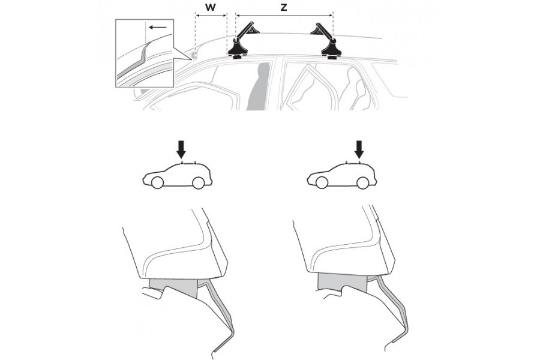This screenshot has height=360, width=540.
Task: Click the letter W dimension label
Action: pos(210,8)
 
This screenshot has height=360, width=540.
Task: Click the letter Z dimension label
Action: pos(283,8)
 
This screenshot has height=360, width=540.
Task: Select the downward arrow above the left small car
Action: pos(181,149)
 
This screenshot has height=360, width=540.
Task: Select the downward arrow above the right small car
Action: pos(359,149)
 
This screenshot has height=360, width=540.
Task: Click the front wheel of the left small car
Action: pos(157,182)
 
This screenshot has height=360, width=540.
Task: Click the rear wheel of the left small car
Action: pos(198,182)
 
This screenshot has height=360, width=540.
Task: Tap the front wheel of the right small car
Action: pos(322,182)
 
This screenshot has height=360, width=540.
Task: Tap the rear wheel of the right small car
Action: pos(362,182)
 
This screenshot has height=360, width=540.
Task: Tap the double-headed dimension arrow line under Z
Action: pos(284,15)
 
